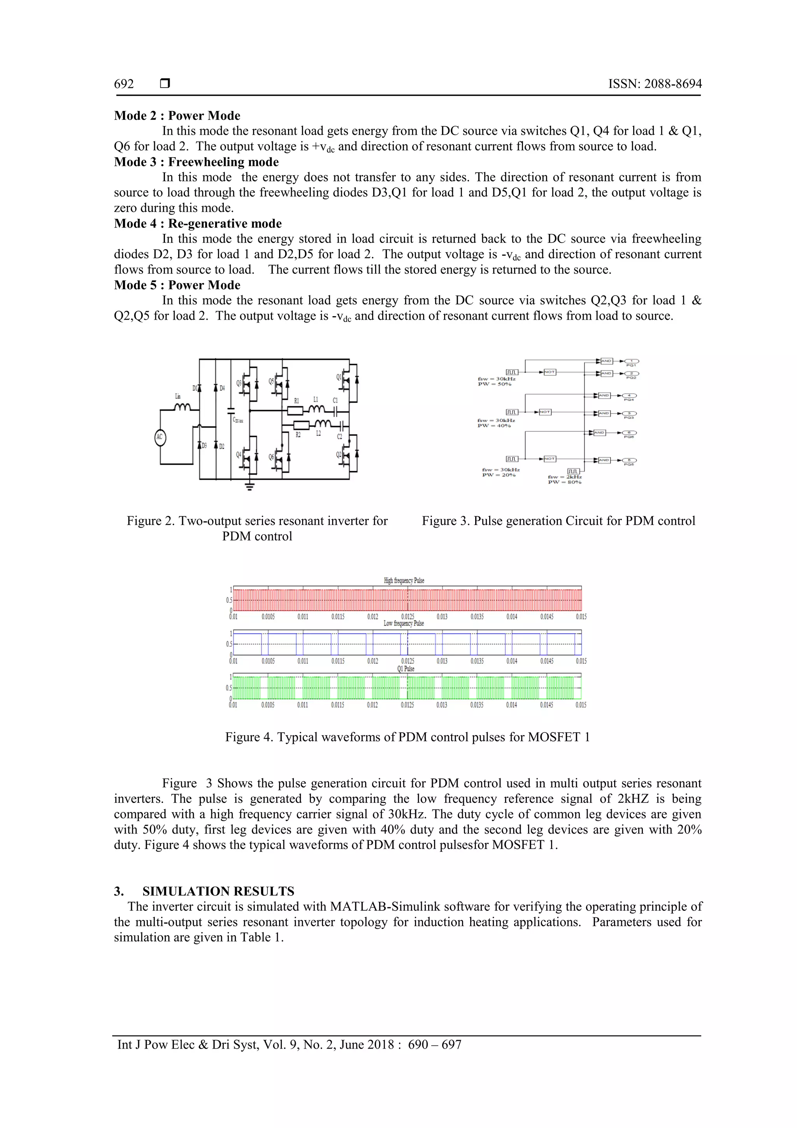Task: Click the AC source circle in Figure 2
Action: pyautogui.click(x=160, y=437)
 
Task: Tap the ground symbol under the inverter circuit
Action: pyautogui.click(x=250, y=486)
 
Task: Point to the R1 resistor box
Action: pyautogui.click(x=297, y=410)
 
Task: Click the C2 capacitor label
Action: pyautogui.click(x=339, y=436)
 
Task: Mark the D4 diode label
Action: pyautogui.click(x=222, y=388)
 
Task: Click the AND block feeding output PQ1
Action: pyautogui.click(x=606, y=361)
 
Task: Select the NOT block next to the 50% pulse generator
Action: pyautogui.click(x=549, y=372)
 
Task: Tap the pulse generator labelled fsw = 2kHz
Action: pyautogui.click(x=574, y=472)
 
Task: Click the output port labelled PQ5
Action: pyautogui.click(x=630, y=460)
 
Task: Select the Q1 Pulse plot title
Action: pyautogui.click(x=406, y=669)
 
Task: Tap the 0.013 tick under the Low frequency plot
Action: pyautogui.click(x=442, y=661)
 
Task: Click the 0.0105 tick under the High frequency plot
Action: pyautogui.click(x=268, y=617)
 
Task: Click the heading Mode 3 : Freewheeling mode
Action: pyautogui.click(x=197, y=162)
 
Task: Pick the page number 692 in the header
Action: pyautogui.click(x=124, y=84)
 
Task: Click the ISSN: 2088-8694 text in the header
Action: pyautogui.click(x=655, y=84)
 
